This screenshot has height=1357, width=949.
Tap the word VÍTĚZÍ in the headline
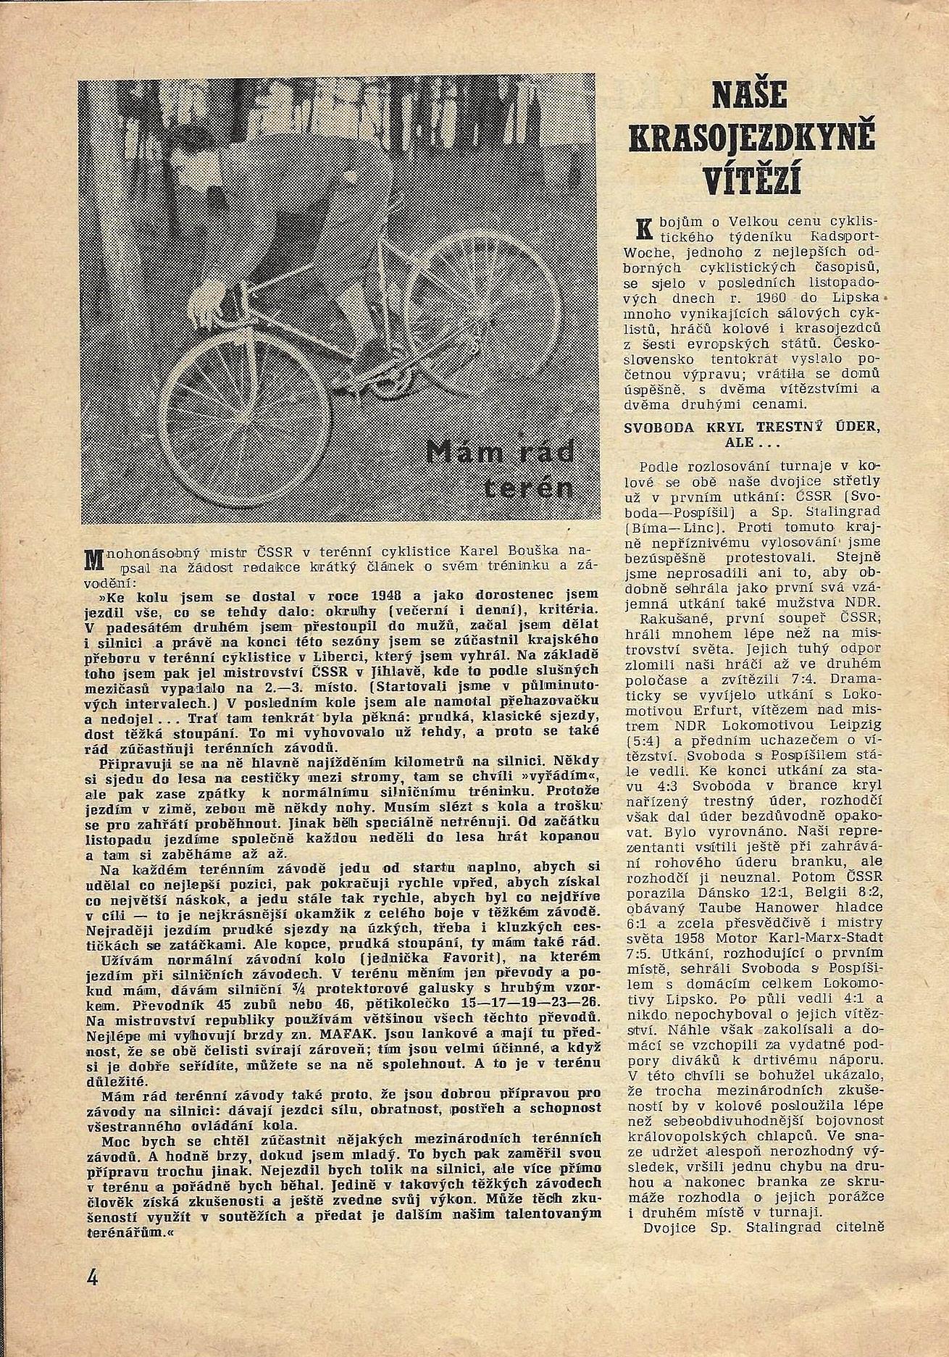tap(751, 179)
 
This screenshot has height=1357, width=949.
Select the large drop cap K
tap(639, 229)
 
